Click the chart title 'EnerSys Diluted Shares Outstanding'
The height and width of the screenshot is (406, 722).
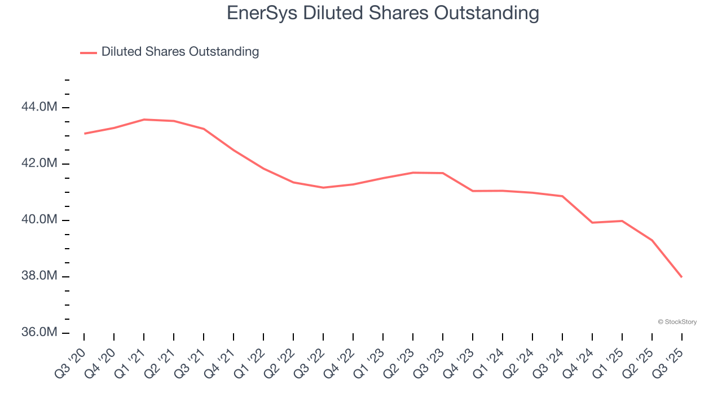coord(382,13)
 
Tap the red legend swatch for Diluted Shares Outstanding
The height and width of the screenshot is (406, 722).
coord(89,52)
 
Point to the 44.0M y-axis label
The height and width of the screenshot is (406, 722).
coord(39,107)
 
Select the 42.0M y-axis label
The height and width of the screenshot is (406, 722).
coord(39,164)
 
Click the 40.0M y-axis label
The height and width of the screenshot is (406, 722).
coord(39,220)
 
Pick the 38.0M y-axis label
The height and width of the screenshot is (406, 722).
coord(39,276)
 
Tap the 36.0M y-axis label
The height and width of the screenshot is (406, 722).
coord(39,333)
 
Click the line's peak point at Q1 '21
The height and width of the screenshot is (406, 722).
coord(144,120)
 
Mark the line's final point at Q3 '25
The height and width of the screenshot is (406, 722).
coord(682,277)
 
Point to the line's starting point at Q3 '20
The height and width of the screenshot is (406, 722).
coord(84,134)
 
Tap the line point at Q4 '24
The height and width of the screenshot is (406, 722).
coord(592,223)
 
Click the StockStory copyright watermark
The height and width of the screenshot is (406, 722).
coord(677,322)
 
